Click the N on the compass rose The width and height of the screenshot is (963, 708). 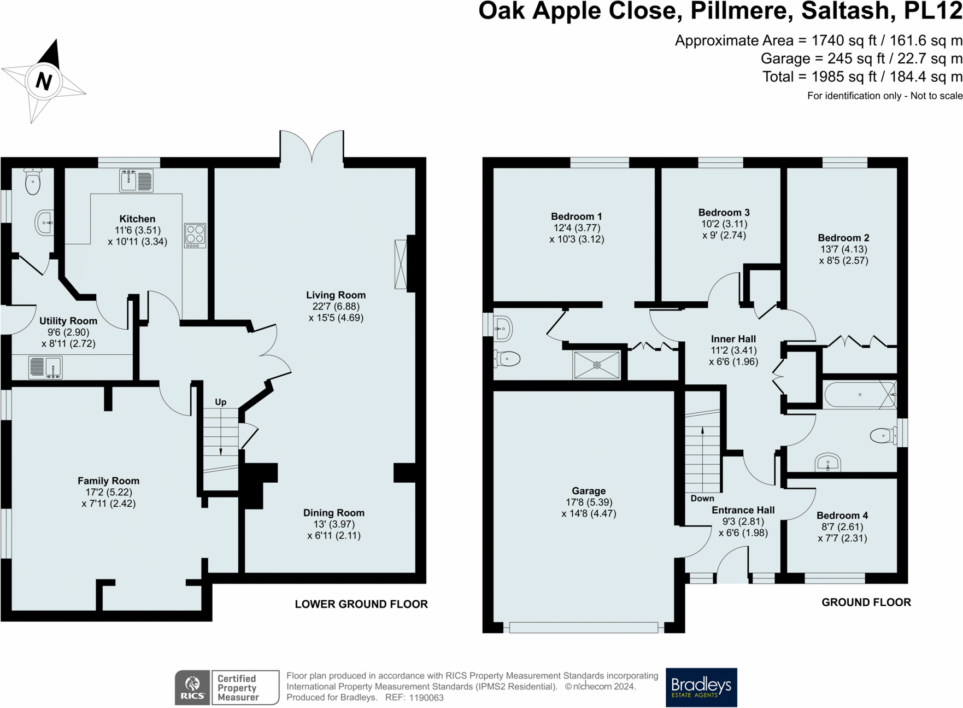(44, 81)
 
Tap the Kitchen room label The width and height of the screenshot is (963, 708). (137, 219)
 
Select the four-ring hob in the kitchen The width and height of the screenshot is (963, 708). (195, 236)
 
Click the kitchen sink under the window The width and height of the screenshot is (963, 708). (136, 181)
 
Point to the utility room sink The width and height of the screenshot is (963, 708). (45, 367)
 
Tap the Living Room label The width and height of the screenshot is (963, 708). (336, 295)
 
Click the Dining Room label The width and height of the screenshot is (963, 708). (334, 513)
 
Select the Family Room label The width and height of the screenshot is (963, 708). (108, 481)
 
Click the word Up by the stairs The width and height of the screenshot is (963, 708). (221, 402)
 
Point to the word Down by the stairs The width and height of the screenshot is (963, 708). (702, 499)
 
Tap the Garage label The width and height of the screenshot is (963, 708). (589, 491)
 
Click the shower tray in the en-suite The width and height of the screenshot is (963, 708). (597, 365)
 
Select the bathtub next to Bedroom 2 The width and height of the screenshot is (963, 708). (860, 395)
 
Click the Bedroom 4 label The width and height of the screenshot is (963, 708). (842, 516)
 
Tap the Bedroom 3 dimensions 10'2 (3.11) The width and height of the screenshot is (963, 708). (724, 224)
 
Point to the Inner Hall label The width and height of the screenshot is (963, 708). (733, 339)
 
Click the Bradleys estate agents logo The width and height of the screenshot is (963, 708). (701, 687)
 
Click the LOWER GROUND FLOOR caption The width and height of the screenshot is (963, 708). (361, 604)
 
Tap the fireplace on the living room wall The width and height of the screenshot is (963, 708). (401, 264)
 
